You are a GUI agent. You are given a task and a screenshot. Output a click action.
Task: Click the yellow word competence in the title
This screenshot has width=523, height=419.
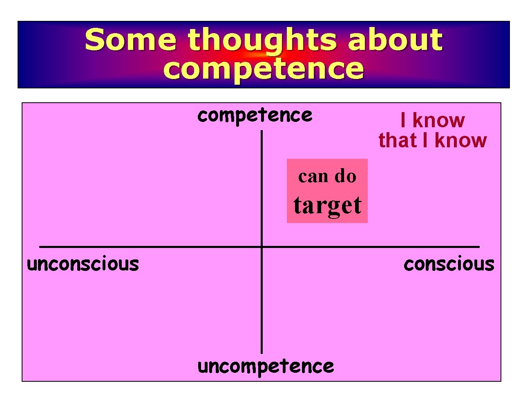263,69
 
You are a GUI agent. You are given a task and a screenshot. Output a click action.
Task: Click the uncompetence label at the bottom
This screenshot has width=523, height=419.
265,367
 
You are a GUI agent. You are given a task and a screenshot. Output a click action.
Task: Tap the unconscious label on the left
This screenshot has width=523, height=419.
83,264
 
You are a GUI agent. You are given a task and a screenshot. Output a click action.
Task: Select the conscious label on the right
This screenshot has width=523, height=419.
449,264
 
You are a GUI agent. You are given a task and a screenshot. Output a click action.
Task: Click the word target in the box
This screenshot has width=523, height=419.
327,206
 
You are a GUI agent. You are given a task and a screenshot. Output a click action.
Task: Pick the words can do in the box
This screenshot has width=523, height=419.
327,176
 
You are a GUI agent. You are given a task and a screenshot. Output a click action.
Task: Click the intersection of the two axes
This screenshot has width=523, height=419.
261,247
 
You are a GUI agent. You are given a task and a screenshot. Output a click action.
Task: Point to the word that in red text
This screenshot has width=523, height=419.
397,140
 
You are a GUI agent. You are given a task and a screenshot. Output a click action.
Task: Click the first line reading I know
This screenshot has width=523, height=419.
432,120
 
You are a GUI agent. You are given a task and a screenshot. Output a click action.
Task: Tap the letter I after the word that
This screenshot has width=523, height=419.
425,140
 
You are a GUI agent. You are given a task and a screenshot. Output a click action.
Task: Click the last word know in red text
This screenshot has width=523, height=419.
460,140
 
